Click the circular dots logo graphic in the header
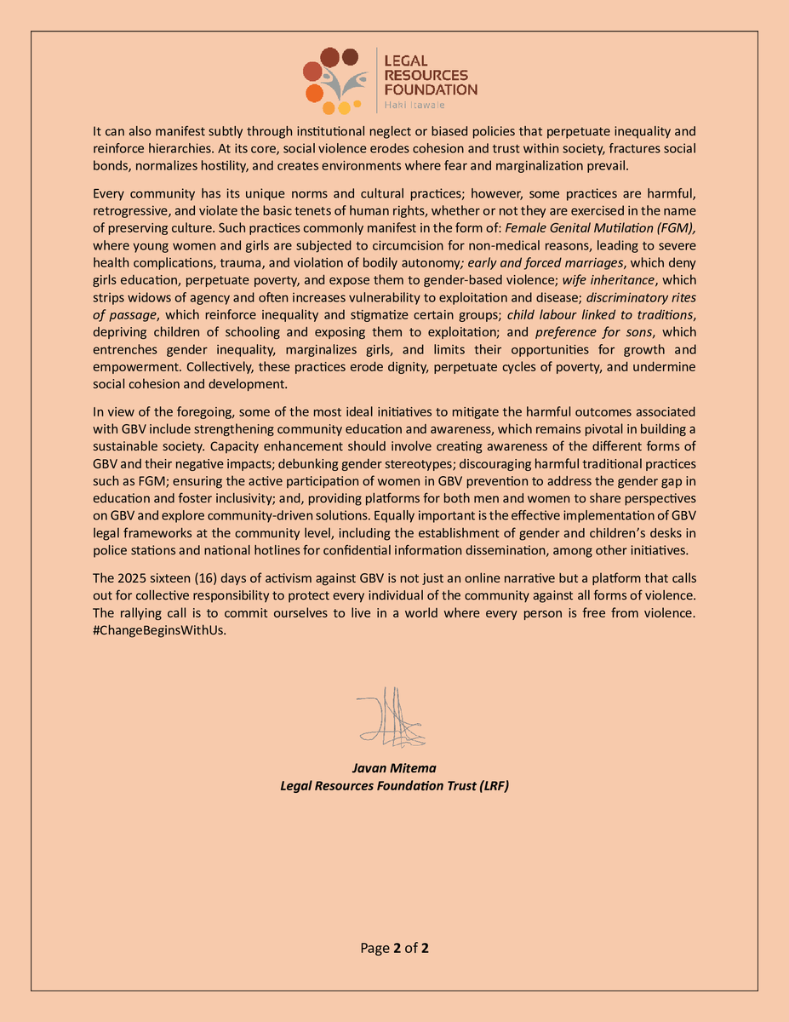coord(337,80)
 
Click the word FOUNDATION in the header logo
coord(431,89)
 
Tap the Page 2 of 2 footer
coord(394,948)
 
